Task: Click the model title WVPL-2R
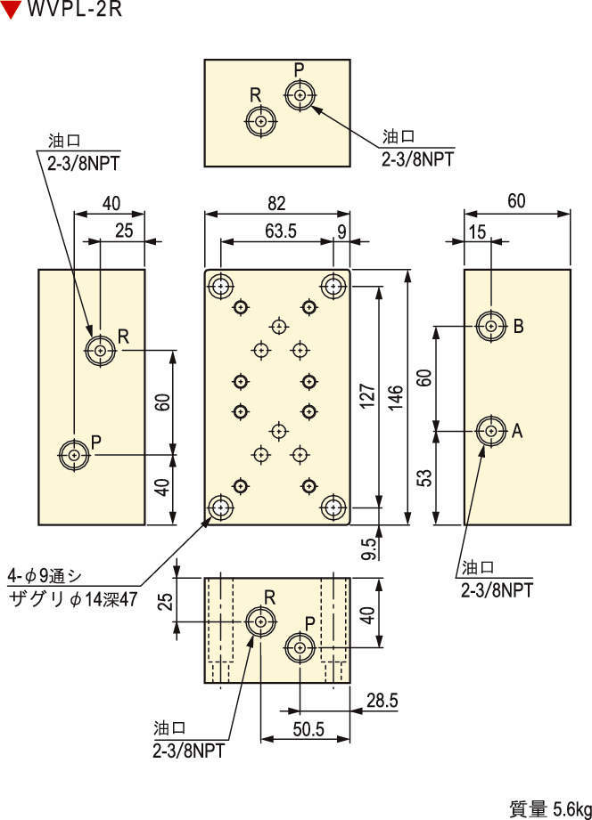pyautogui.click(x=74, y=9)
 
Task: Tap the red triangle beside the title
pyautogui.click(x=11, y=10)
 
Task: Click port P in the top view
pyautogui.click(x=300, y=95)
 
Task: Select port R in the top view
pyautogui.click(x=261, y=121)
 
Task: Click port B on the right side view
pyautogui.click(x=491, y=327)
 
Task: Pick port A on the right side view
pyautogui.click(x=491, y=431)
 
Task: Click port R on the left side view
pyautogui.click(x=100, y=350)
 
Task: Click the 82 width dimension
pyautogui.click(x=276, y=203)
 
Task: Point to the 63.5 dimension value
pyautogui.click(x=280, y=231)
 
